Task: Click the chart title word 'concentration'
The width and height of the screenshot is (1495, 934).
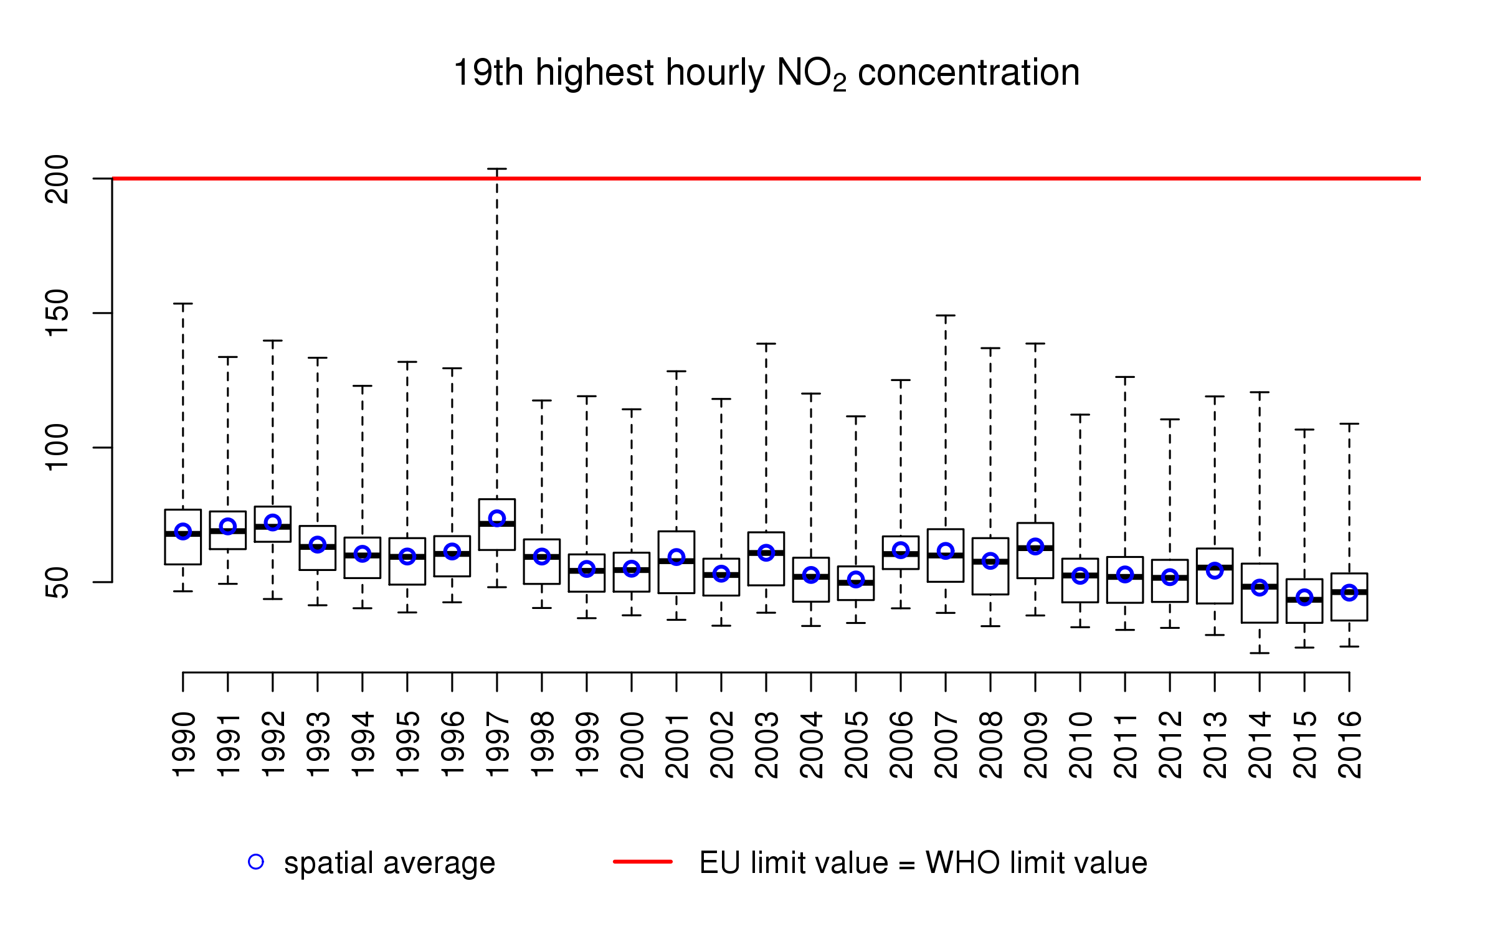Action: tap(969, 73)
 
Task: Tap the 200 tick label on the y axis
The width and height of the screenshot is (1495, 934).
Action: tap(57, 179)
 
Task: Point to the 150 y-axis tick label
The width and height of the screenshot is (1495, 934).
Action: tap(57, 313)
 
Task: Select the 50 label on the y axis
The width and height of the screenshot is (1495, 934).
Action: tap(57, 582)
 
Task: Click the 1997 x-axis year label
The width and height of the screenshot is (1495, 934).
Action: tap(497, 745)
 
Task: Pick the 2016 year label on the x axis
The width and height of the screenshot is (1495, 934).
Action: tap(1349, 745)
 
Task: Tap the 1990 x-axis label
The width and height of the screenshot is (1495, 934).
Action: tap(183, 745)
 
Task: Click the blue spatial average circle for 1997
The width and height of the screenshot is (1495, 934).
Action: tap(497, 518)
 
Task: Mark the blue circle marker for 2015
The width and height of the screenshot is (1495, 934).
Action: tap(1304, 598)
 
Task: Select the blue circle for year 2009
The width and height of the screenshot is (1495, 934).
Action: tap(1035, 547)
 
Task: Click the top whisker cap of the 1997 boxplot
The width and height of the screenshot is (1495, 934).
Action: tap(497, 169)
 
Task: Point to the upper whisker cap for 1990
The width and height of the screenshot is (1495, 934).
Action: tap(183, 304)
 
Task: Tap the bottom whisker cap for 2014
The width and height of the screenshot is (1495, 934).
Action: tap(1260, 653)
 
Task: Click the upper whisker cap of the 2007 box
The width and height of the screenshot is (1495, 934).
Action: tap(946, 316)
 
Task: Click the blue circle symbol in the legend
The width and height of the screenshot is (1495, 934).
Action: tap(256, 862)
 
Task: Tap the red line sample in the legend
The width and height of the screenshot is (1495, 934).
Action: tap(643, 862)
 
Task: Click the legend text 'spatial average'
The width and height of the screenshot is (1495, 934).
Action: tap(389, 863)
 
